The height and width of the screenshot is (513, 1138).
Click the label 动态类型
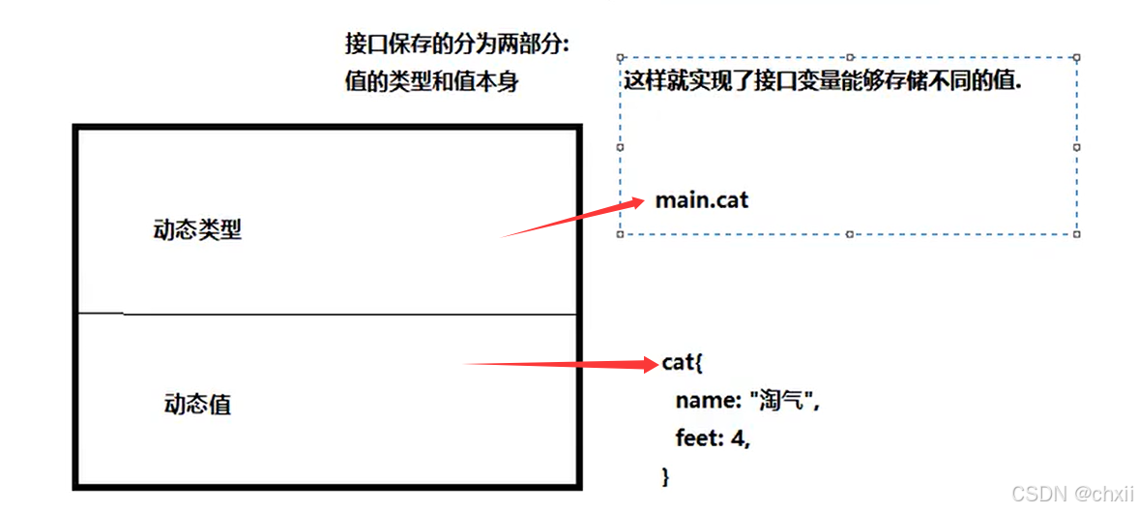click(x=197, y=230)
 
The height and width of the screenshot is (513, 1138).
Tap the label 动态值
click(x=197, y=405)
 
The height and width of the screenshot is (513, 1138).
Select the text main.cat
click(x=702, y=200)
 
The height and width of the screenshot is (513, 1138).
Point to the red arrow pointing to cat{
click(x=561, y=365)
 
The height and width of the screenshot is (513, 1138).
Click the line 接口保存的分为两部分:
click(x=457, y=45)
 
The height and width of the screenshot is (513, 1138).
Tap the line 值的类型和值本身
click(x=431, y=82)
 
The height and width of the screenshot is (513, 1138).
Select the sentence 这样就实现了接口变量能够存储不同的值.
click(x=823, y=81)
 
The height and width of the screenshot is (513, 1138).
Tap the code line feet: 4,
click(x=713, y=438)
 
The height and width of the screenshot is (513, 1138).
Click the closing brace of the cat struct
click(x=665, y=475)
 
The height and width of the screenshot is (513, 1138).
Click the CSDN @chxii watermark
click(x=1072, y=494)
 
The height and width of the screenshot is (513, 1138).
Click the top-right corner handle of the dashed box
click(x=1077, y=57)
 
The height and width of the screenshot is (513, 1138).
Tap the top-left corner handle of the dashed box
click(x=620, y=57)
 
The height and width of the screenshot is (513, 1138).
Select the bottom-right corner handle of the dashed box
click(x=1077, y=233)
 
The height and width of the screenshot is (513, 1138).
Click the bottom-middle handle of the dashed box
click(x=849, y=233)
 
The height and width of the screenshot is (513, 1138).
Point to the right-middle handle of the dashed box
click(x=1077, y=146)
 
